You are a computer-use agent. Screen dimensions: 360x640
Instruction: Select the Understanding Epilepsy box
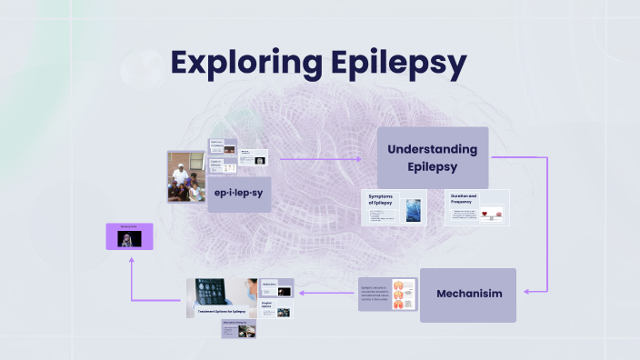point(433,157)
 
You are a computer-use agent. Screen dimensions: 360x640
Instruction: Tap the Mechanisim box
point(467,295)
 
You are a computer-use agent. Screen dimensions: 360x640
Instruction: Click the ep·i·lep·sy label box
point(239,195)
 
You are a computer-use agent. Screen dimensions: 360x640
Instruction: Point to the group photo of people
point(186,176)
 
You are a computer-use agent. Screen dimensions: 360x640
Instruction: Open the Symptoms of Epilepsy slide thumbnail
point(395,207)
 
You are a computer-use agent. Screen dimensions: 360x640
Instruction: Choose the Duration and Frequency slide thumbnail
point(476,207)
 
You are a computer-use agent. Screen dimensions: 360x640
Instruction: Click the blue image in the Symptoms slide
point(414,211)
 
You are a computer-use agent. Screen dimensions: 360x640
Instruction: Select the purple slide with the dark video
point(129,236)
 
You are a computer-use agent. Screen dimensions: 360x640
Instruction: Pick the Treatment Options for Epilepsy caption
point(223,312)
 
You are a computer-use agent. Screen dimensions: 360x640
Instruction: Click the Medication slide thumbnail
point(276,288)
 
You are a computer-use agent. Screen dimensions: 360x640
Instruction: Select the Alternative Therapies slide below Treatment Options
point(238,328)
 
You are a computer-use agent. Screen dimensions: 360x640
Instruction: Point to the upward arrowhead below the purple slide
point(132,261)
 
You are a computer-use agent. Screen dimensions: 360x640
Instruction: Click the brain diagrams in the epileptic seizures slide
point(404,294)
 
